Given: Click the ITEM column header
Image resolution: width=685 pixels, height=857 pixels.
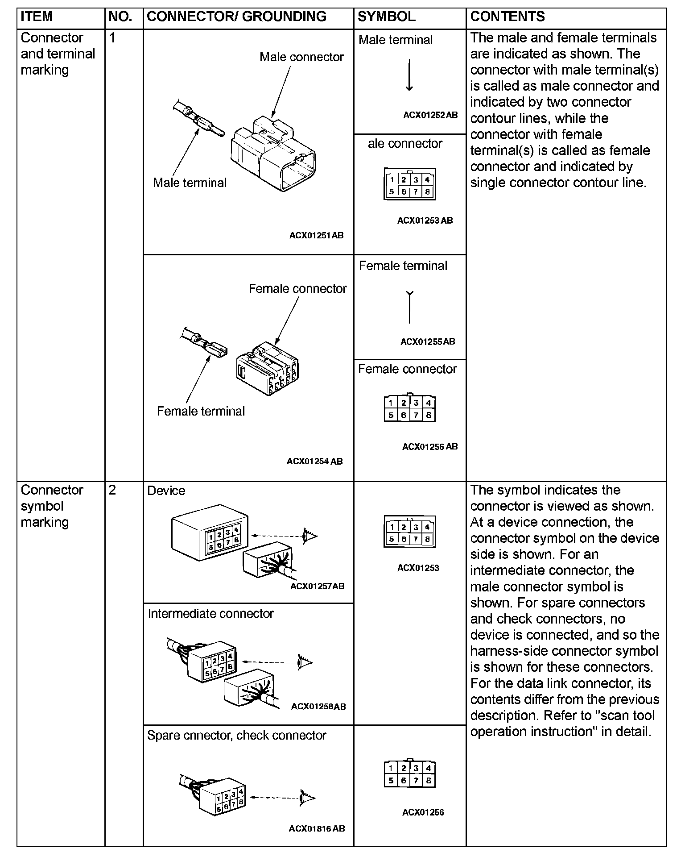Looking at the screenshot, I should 37,17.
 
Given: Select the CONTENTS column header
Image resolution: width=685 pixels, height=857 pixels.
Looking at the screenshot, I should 508,17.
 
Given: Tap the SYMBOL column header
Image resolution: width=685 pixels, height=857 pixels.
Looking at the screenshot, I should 386,17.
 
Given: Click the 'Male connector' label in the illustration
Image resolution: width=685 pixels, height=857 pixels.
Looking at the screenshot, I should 301,57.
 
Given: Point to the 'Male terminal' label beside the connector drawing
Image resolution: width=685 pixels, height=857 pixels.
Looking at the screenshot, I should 190,183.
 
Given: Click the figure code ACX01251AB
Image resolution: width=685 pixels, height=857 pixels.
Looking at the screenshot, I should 316,235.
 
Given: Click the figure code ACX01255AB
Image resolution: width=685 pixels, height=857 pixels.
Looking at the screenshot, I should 427,342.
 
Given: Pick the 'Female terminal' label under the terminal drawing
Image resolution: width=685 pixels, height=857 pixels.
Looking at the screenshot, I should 201,411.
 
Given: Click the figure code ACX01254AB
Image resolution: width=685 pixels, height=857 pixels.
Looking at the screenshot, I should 314,462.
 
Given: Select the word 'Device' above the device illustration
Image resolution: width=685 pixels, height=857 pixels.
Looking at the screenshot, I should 166,491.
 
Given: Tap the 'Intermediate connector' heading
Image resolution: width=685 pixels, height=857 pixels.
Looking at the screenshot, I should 210,614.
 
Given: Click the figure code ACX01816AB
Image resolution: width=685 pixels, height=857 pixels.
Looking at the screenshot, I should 317,829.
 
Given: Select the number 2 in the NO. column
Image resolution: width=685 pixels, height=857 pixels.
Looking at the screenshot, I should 112,490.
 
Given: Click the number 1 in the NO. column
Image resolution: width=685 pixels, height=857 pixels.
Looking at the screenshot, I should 112,38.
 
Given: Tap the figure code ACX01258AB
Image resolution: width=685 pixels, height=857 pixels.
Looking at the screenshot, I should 318,707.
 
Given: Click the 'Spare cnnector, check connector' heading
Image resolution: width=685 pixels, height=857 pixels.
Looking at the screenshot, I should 236,735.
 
